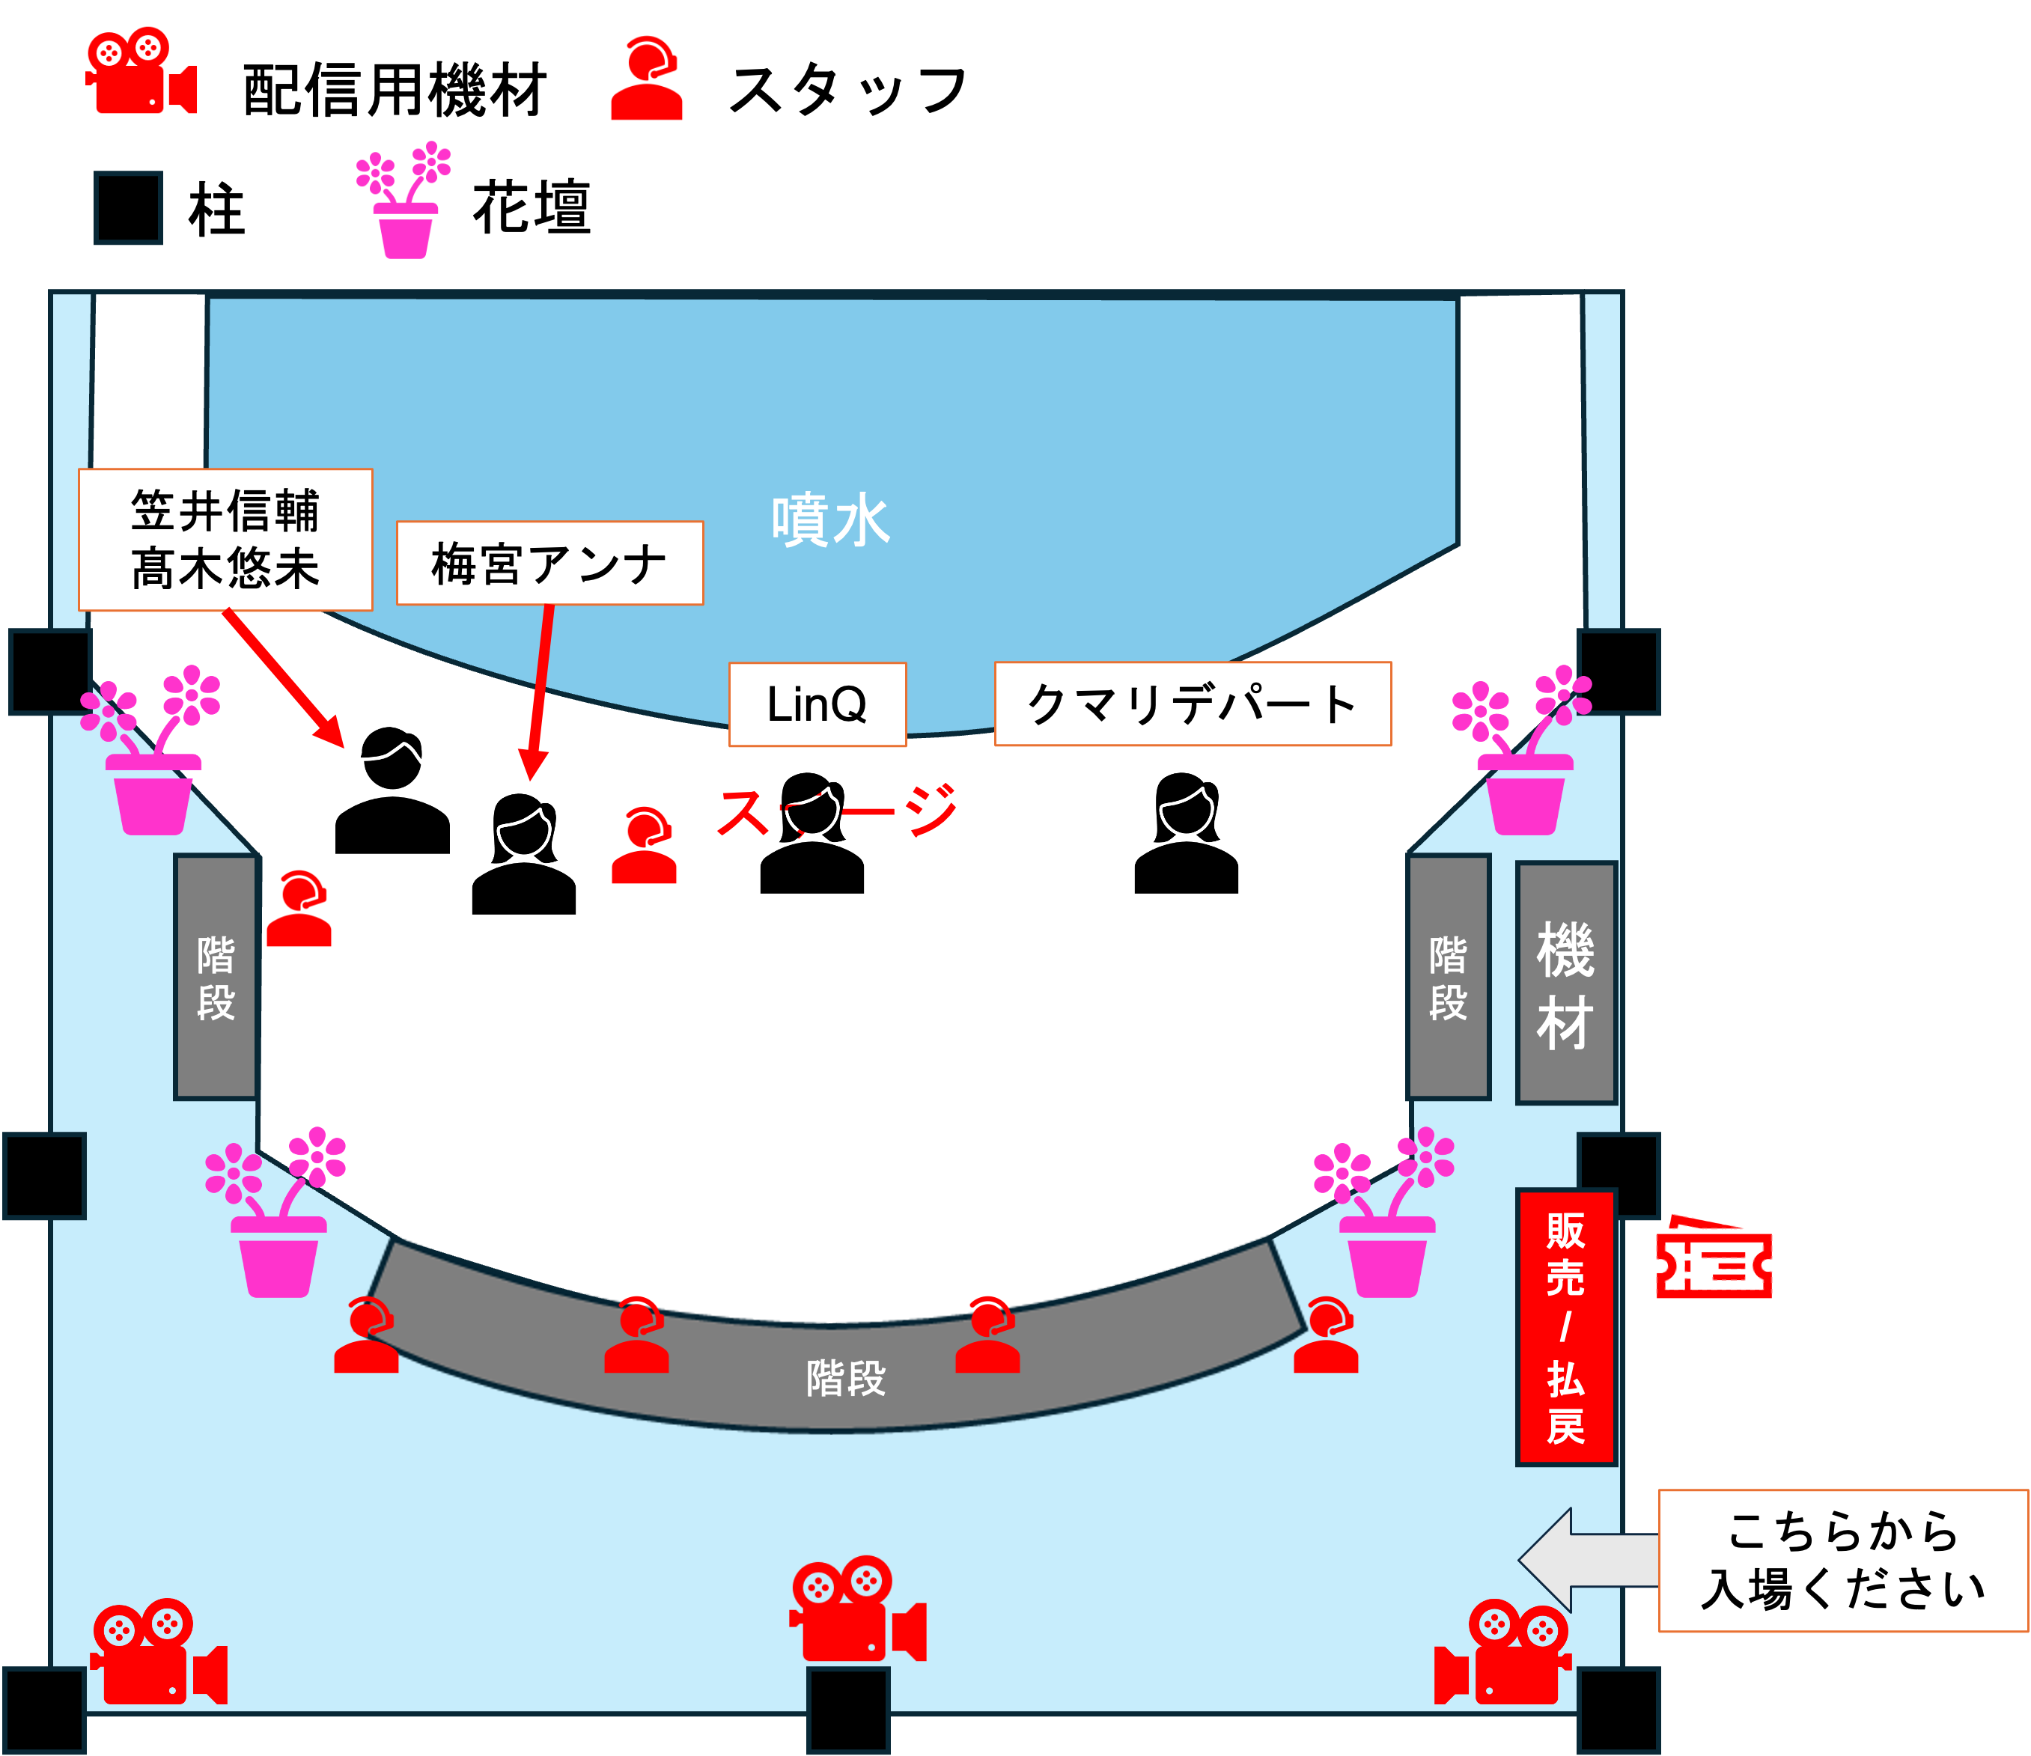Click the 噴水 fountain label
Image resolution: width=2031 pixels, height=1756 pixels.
pyautogui.click(x=829, y=520)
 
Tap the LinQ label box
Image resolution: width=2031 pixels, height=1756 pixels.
pyautogui.click(x=817, y=704)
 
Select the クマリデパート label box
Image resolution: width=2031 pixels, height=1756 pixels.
pyautogui.click(x=1192, y=704)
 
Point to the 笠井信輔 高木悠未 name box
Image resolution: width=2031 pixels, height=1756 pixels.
pyautogui.click(x=225, y=539)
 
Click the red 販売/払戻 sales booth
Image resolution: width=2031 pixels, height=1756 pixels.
pyautogui.click(x=1565, y=1327)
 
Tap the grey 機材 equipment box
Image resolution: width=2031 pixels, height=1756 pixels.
pyautogui.click(x=1565, y=983)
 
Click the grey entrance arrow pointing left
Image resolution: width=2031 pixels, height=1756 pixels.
pyautogui.click(x=1583, y=1560)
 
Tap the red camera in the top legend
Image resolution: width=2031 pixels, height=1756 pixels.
pyautogui.click(x=140, y=72)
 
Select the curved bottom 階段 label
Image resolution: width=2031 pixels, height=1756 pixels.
pyautogui.click(x=845, y=1379)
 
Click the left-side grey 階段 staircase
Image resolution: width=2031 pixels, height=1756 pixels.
pyautogui.click(x=216, y=977)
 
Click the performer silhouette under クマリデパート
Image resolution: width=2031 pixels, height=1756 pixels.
pyautogui.click(x=1186, y=834)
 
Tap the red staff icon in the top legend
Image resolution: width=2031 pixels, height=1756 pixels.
pyautogui.click(x=646, y=79)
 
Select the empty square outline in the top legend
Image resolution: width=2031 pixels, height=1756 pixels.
pyautogui.click(x=129, y=208)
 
